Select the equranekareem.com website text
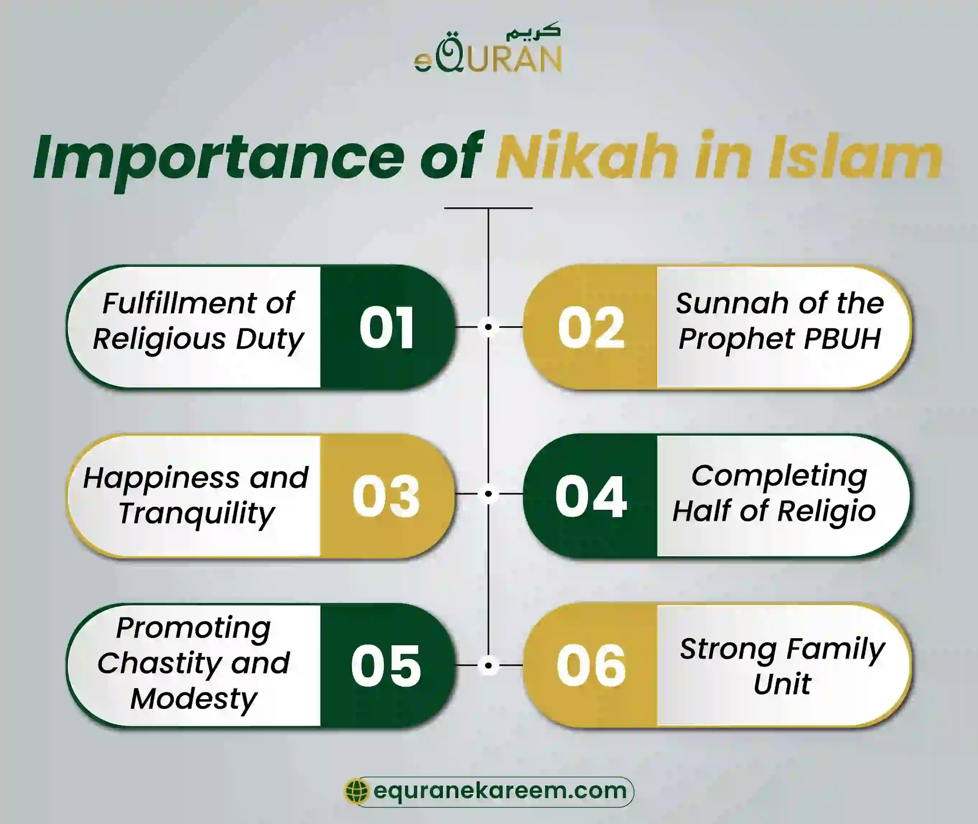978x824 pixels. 500,790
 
